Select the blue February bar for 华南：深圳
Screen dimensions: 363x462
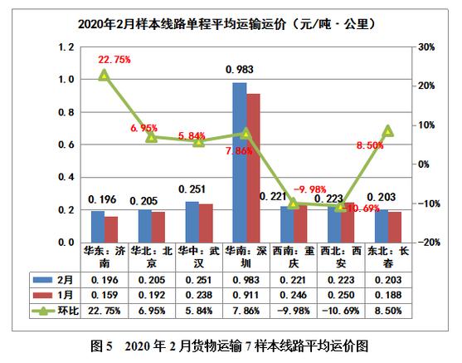click(239, 162)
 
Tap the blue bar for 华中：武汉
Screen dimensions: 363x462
click(192, 221)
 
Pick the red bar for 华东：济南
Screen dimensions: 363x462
click(110, 228)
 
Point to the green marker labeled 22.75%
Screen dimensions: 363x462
click(104, 75)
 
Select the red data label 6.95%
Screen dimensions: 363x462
click(144, 129)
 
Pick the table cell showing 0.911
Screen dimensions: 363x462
click(246, 295)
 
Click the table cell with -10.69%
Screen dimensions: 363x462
click(340, 310)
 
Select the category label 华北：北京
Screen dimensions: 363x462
click(151, 257)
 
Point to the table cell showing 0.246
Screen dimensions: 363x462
click(293, 295)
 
